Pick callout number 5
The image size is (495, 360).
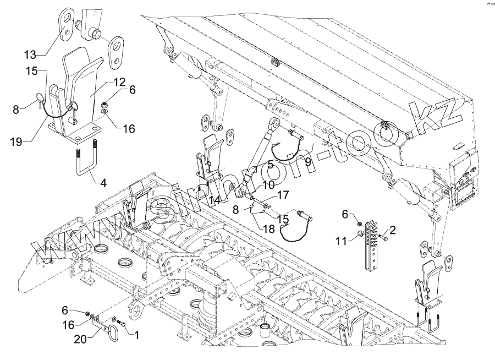(x=270, y=164)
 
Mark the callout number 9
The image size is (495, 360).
(x=307, y=161)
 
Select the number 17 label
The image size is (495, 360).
(x=282, y=194)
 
